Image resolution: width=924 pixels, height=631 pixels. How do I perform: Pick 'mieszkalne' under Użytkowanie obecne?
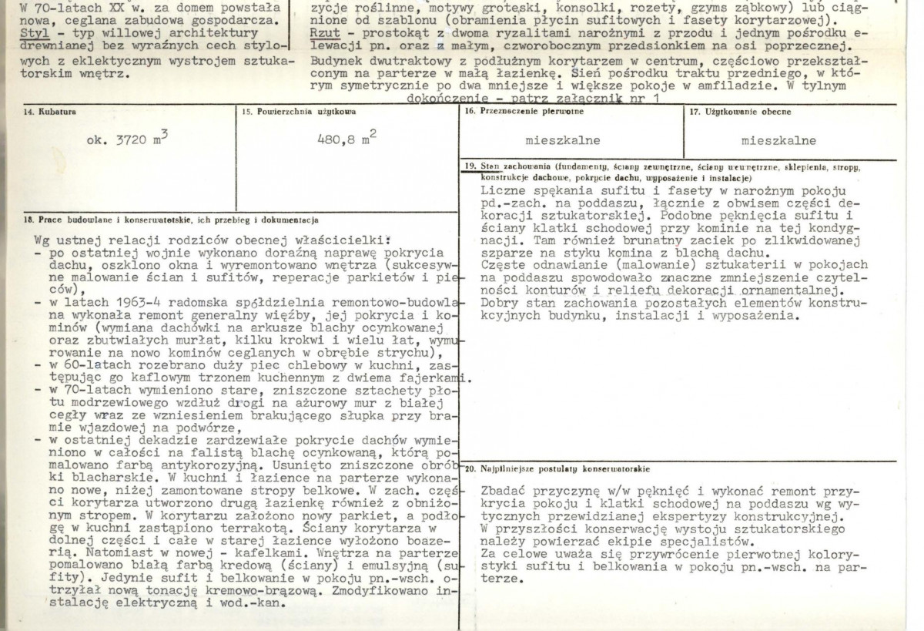(x=778, y=141)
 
